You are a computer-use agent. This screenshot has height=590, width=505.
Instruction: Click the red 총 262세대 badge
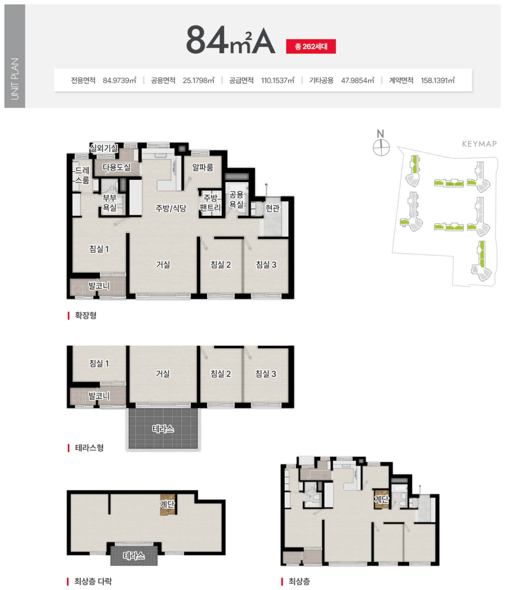(311, 47)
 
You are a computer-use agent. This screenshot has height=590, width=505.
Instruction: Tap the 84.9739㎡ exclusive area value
(120, 80)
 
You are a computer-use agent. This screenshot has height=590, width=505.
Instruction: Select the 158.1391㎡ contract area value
(438, 80)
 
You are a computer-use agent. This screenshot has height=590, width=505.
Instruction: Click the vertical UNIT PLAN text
(15, 79)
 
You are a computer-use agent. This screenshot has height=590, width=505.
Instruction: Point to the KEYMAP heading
(479, 144)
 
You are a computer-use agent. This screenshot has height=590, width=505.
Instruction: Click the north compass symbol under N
(381, 148)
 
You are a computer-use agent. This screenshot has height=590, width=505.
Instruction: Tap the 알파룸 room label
(203, 167)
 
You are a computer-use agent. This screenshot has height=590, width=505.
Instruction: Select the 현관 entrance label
(273, 208)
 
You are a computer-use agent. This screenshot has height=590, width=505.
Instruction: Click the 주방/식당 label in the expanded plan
(171, 208)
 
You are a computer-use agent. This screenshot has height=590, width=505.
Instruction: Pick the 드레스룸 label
(82, 175)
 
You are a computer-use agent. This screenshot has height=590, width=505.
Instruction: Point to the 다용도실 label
(117, 167)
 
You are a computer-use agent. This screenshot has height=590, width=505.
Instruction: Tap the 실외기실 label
(104, 148)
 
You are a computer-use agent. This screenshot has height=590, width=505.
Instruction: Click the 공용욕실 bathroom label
(236, 199)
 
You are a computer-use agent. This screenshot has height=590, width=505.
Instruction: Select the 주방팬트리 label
(210, 203)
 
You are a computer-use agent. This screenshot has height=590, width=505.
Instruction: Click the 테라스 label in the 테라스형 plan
(163, 429)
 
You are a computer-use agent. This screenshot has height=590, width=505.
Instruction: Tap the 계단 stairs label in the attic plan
(167, 504)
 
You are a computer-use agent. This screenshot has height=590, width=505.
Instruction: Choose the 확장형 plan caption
(85, 315)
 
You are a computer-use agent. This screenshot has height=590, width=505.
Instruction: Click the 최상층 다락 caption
(93, 581)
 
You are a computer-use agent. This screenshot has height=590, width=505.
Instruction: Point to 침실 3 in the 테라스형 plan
(266, 374)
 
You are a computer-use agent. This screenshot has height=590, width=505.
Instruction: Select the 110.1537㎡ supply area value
(278, 80)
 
